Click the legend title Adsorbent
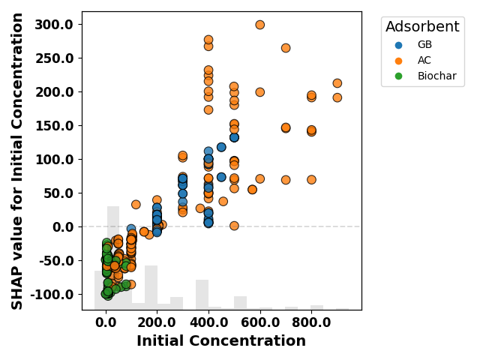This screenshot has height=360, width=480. [422, 27]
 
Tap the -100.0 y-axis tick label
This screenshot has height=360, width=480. [52, 295]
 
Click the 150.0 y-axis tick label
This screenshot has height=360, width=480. [55, 126]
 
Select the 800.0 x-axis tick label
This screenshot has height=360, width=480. [311, 322]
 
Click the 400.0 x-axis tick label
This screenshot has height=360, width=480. [208, 322]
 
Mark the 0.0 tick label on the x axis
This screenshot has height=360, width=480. [106, 322]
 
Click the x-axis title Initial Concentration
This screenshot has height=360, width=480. [221, 340]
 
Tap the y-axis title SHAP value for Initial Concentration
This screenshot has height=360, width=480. [16, 161]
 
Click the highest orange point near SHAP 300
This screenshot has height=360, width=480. [260, 25]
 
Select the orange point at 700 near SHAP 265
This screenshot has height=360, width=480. [286, 48]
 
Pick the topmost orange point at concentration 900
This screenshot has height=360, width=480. [337, 83]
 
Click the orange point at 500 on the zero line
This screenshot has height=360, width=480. [234, 226]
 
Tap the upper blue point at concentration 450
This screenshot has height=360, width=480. [221, 147]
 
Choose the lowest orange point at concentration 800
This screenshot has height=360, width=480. [311, 180]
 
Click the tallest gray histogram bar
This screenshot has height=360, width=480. [113, 258]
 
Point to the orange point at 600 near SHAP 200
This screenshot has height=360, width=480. [260, 92]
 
